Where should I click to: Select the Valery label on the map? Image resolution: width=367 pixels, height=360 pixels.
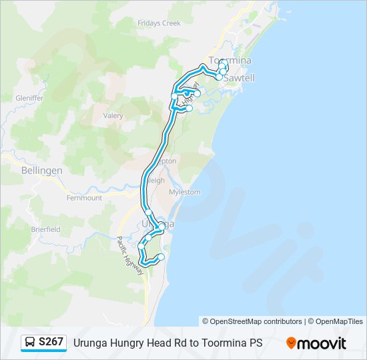[x=113, y=115]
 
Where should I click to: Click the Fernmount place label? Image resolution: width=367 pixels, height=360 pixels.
[x=84, y=198]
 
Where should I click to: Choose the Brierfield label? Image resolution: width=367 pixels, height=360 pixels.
[x=45, y=228]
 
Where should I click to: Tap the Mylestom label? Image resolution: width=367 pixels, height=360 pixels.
[x=185, y=192]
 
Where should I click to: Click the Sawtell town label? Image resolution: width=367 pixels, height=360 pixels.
[x=238, y=78]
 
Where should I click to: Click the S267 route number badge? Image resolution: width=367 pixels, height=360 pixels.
[x=51, y=343]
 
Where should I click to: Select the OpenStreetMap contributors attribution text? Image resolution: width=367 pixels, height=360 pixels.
[x=256, y=321]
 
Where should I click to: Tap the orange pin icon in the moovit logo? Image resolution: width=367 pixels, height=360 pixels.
[x=291, y=343]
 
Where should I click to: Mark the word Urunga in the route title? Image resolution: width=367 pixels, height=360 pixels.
[x=90, y=343]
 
